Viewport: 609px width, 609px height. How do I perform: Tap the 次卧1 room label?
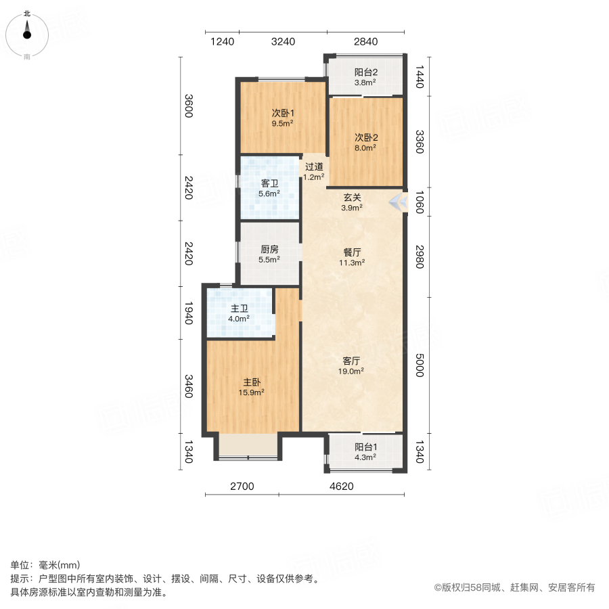282,113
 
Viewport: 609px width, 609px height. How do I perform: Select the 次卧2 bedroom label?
366,137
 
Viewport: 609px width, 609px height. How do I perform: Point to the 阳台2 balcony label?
366,72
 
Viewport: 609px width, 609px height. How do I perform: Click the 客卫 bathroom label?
269,183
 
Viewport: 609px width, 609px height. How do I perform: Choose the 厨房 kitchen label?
269,249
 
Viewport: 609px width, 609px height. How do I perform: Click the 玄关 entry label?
352,198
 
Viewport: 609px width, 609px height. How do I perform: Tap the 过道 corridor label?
313,166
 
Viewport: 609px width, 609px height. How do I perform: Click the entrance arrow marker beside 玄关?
398,202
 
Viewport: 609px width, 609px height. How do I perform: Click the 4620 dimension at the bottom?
342,486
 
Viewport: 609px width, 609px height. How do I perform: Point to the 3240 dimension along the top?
283,42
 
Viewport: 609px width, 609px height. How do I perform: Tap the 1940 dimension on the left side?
189,313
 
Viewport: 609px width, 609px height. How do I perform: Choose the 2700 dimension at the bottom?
241,486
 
